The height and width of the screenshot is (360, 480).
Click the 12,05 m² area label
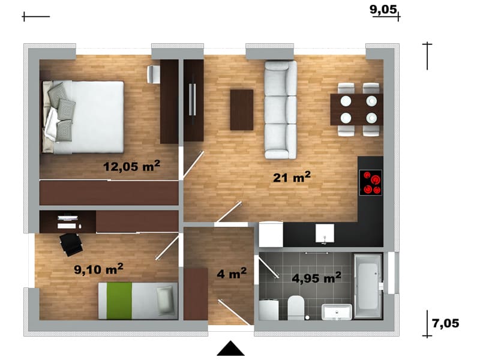(131, 166)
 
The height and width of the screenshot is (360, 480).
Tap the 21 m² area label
(292, 177)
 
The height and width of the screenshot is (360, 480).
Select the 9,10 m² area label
(98, 269)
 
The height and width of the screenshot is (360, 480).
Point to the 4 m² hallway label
(232, 273)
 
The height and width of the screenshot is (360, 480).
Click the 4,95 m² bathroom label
(316, 278)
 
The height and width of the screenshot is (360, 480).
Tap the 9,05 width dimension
(383, 10)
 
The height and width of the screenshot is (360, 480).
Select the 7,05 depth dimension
(445, 323)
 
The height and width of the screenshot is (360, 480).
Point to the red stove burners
(371, 182)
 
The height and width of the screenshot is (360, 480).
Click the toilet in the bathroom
(296, 307)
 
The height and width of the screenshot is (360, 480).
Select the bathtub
(367, 286)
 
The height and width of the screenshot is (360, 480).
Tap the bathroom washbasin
(337, 312)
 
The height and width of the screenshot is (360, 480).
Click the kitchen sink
(325, 234)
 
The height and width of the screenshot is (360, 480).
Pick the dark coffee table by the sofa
(242, 110)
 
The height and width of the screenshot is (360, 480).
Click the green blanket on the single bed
(119, 301)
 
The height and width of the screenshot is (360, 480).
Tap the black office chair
(71, 244)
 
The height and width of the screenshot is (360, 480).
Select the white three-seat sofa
(281, 110)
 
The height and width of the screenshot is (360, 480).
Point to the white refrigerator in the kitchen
(271, 234)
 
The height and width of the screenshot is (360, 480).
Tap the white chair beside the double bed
(154, 74)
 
